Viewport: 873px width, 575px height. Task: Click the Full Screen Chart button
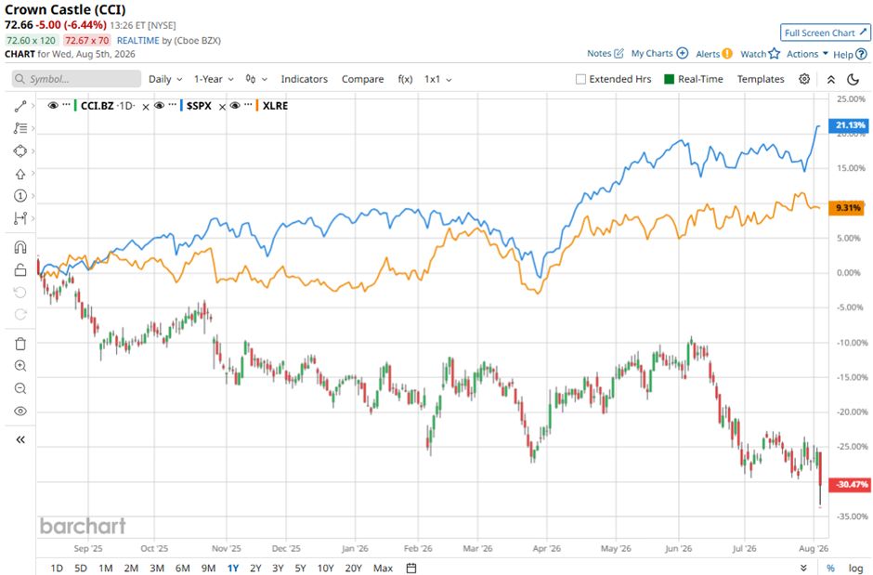(x=825, y=33)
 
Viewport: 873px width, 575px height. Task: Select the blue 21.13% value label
(x=850, y=125)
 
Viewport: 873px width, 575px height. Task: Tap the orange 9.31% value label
(x=847, y=208)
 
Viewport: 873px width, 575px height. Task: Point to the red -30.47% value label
(x=850, y=484)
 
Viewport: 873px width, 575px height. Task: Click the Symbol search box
(x=76, y=79)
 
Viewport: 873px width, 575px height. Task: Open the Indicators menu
(x=304, y=79)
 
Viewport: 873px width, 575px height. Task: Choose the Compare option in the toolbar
(x=362, y=79)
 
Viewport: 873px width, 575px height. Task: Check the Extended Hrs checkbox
(x=580, y=79)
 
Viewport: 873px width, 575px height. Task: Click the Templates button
(x=761, y=79)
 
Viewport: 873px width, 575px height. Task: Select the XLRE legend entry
(x=275, y=106)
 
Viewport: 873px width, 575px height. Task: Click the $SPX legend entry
(x=199, y=106)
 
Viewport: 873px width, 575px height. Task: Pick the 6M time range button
(x=183, y=568)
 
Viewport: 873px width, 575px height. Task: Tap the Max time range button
(x=383, y=568)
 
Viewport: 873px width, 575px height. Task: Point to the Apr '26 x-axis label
(x=547, y=548)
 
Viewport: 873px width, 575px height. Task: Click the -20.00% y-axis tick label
(x=853, y=412)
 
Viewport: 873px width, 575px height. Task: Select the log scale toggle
(x=855, y=568)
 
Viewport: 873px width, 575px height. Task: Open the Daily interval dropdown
(x=165, y=79)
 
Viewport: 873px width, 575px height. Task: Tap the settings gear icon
(x=804, y=79)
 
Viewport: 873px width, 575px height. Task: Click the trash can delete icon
(x=20, y=344)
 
